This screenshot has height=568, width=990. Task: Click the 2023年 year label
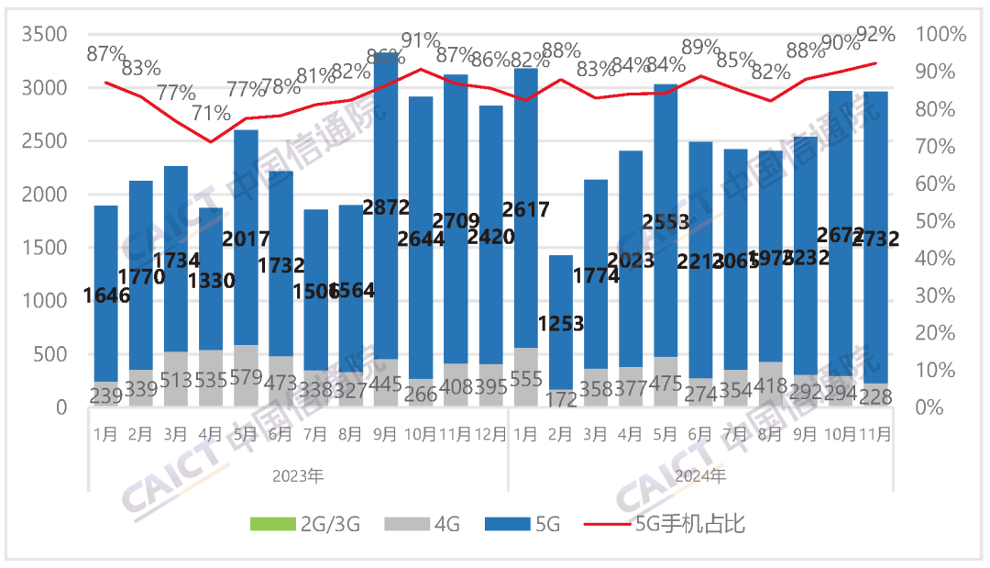click(x=298, y=476)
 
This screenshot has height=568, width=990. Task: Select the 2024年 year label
click(x=700, y=476)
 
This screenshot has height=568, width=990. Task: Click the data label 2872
click(x=386, y=206)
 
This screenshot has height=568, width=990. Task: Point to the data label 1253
click(x=560, y=324)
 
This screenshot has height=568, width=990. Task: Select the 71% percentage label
click(x=211, y=114)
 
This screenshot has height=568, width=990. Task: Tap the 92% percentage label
click(x=874, y=35)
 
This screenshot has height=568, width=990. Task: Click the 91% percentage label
click(x=421, y=40)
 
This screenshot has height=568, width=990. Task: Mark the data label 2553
click(x=665, y=222)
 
